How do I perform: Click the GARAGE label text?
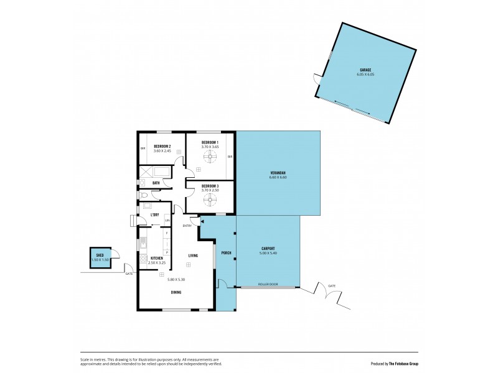pos(365,70)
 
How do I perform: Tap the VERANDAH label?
pos(278,173)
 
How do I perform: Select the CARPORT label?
pos(268,249)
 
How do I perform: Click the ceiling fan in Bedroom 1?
pos(210,157)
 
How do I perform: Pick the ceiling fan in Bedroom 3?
pos(210,199)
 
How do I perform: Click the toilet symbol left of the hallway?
pos(144,196)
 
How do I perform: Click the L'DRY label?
pos(155,214)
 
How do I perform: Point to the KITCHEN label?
pos(156,258)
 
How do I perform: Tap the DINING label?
pos(176,292)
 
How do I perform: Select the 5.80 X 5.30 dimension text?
pos(176,279)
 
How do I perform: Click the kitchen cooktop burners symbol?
pos(143,259)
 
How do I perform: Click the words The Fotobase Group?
pos(406,363)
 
